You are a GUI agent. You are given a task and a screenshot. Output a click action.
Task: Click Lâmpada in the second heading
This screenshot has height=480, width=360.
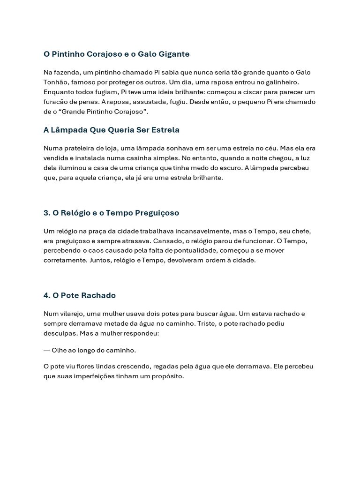click(x=69, y=130)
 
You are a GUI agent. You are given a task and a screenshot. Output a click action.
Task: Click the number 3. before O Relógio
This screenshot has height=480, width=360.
click(x=47, y=213)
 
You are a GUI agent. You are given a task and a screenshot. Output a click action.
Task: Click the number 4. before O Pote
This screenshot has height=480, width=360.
click(x=47, y=296)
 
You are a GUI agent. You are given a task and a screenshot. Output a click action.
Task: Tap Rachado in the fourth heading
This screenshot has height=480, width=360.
click(x=98, y=296)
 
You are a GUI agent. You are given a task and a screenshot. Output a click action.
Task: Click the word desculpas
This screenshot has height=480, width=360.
click(x=60, y=333)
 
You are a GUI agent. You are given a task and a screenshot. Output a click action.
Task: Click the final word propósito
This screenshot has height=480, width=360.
click(x=167, y=376)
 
